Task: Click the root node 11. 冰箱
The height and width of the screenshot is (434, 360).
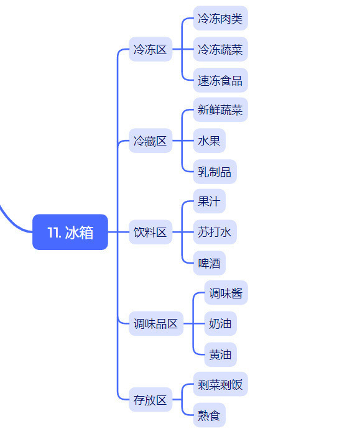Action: point(70,232)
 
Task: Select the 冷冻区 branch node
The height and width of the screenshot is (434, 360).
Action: point(150,49)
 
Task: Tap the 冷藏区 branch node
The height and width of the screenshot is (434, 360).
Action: point(150,141)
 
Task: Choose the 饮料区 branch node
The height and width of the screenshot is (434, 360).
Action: point(150,232)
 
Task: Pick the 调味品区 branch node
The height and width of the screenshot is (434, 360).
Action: point(156,323)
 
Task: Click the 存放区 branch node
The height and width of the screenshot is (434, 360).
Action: point(150,400)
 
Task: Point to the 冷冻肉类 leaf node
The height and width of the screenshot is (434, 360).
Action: point(220,18)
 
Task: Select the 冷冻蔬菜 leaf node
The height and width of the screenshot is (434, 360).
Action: point(220,49)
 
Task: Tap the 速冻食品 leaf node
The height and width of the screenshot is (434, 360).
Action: point(220,80)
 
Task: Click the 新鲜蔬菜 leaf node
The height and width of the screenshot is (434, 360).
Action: point(220,109)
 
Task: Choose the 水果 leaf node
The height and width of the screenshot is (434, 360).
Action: point(209,141)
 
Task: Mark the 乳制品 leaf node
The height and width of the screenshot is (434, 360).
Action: point(215,172)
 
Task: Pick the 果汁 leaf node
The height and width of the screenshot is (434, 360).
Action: point(209,201)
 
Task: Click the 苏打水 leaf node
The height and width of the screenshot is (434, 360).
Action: point(215,232)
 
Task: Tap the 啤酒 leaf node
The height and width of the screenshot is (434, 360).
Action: point(209,263)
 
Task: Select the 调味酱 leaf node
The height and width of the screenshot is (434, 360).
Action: point(226,293)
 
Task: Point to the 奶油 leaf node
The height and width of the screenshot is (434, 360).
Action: point(220,323)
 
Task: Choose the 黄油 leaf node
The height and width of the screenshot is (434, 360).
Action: point(220,354)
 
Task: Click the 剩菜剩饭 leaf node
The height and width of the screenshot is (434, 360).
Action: point(220,384)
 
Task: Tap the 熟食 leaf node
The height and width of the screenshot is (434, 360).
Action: point(209,415)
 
